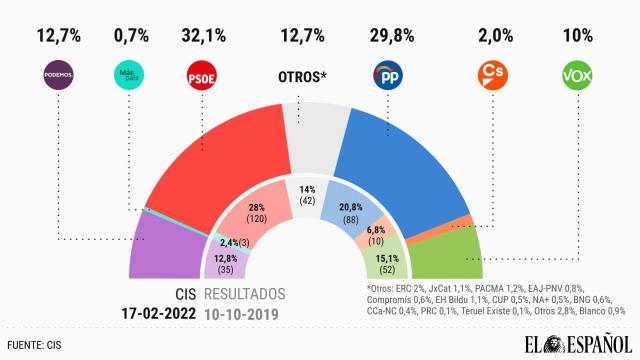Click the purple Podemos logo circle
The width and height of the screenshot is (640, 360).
[x=60, y=76]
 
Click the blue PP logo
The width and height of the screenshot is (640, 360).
[x=387, y=76]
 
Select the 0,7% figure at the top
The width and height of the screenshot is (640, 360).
[x=132, y=37]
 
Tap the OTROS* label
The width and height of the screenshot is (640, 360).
[x=304, y=77]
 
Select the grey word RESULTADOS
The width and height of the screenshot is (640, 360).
[x=244, y=295]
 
